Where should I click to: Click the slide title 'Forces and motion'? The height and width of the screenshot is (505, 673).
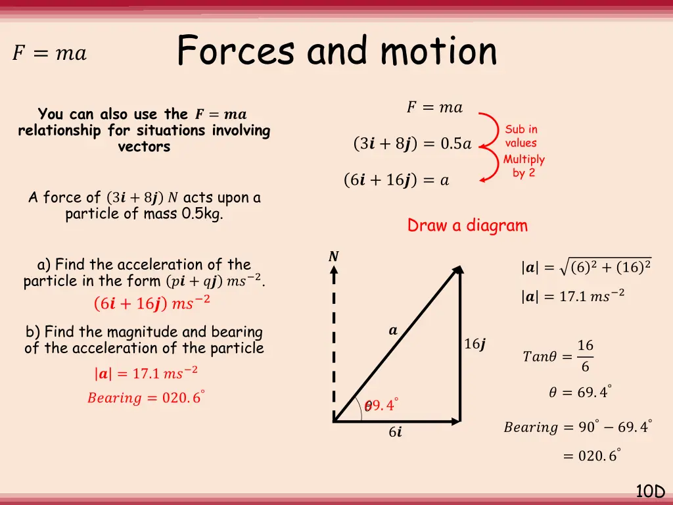[336, 51]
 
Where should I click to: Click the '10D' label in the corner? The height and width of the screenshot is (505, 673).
[650, 491]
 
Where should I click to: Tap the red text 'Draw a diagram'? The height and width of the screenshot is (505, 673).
[467, 226]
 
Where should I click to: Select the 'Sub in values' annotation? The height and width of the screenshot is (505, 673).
[521, 136]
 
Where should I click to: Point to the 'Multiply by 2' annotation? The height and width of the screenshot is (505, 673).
[524, 166]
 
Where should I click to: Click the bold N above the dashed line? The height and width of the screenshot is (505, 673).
[334, 257]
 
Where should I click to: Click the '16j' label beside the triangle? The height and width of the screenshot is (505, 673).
[475, 344]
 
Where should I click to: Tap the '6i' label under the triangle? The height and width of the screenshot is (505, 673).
[395, 433]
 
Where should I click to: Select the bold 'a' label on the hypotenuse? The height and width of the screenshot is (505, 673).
[393, 331]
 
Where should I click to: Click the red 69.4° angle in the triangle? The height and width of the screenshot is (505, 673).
[383, 406]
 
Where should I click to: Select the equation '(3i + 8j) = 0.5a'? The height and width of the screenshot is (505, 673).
[412, 144]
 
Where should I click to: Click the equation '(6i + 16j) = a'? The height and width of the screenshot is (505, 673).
[396, 180]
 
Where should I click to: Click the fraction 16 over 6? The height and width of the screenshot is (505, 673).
[585, 356]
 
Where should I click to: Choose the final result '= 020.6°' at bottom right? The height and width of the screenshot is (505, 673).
[592, 455]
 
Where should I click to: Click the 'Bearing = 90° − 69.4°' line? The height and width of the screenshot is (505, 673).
[578, 427]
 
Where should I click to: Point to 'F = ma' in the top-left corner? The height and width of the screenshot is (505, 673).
[49, 53]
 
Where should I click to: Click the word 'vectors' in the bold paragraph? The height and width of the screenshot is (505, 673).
[144, 147]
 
